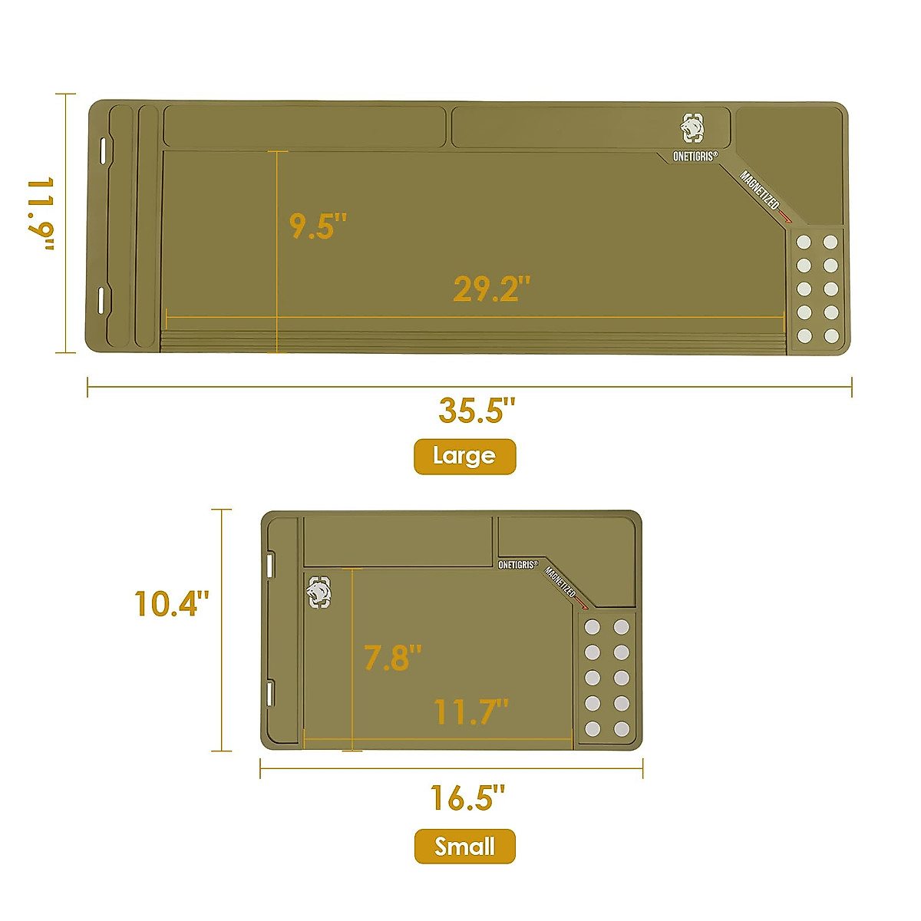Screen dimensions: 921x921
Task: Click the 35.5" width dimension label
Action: (471, 411)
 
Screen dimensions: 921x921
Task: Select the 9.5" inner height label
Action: (318, 226)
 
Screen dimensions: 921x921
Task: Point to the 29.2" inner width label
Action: (491, 289)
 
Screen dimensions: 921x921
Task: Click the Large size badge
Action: (464, 457)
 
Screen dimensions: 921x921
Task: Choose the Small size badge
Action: (464, 847)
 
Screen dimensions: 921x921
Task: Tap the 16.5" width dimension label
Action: (467, 798)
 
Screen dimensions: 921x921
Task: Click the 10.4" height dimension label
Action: (171, 604)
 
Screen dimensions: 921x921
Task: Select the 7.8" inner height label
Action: (392, 659)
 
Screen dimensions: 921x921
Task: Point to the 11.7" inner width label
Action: (470, 712)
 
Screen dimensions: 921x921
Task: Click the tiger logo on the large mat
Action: (692, 128)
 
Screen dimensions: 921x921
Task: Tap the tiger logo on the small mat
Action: (319, 592)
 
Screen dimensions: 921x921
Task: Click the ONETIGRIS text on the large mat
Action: (695, 157)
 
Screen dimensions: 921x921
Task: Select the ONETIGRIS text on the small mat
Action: (518, 565)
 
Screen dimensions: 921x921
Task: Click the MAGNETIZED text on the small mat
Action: (562, 583)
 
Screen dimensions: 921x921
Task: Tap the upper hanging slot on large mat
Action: (101, 149)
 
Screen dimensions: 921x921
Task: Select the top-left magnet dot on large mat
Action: (804, 243)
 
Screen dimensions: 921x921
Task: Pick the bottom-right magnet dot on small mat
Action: (622, 728)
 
